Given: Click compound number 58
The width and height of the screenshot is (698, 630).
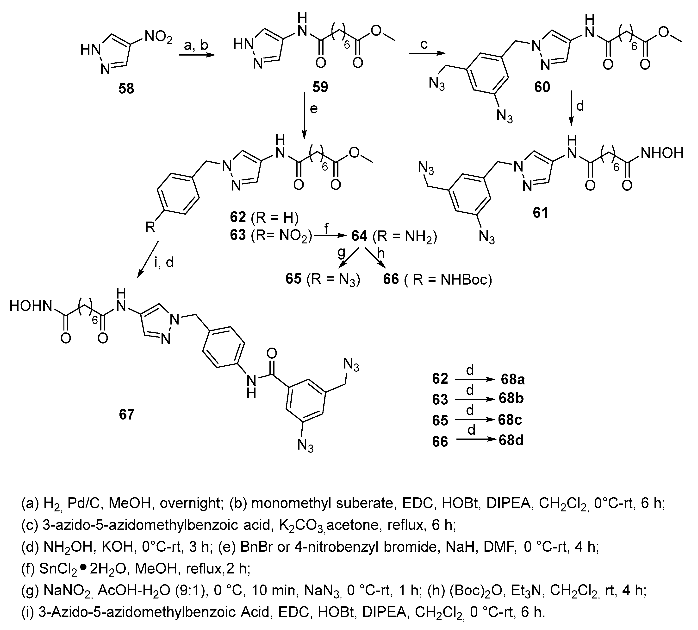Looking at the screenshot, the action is (126, 89).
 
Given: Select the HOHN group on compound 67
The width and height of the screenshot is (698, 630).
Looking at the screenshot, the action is (31, 306).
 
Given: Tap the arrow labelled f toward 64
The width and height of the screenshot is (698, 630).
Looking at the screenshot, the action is (330, 236).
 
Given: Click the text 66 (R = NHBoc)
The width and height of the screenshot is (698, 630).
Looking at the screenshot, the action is (437, 279).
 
